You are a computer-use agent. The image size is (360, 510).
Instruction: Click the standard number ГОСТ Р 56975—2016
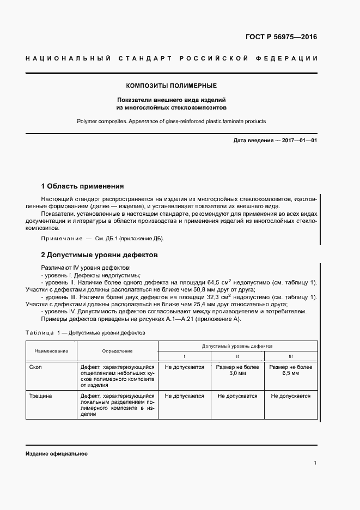click(281, 38)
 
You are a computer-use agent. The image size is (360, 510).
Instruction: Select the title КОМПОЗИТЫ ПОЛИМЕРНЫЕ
click(172, 86)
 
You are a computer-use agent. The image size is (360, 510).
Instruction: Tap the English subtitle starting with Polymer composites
click(172, 122)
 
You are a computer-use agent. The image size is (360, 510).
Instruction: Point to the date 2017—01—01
click(298, 141)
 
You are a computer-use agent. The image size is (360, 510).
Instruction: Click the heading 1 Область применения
click(83, 186)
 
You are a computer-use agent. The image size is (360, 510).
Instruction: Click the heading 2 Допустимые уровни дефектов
click(99, 254)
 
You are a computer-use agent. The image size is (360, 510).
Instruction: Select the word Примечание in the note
click(59, 239)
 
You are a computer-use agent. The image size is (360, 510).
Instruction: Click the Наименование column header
click(51, 351)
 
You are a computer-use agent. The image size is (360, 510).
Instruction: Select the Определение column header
click(117, 351)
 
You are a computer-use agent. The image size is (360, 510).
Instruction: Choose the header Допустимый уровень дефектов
click(237, 346)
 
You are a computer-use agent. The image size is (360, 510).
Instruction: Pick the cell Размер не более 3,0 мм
click(237, 371)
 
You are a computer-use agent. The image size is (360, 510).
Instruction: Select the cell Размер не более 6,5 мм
click(290, 371)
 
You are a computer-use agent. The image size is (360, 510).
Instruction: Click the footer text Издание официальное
click(56, 454)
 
